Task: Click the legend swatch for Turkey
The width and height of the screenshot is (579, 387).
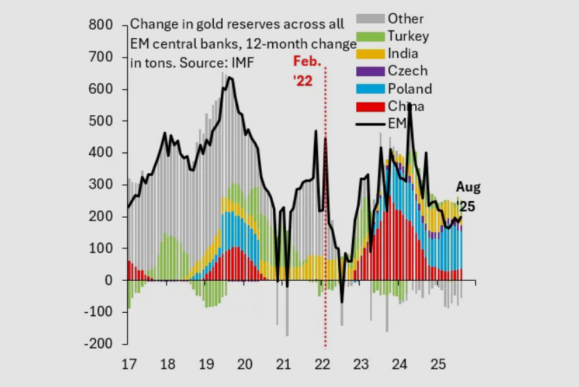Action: pyautogui.click(x=371, y=36)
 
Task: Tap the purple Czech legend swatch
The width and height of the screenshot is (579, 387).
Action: pyautogui.click(x=371, y=71)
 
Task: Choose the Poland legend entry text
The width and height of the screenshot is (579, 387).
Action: pyautogui.click(x=410, y=89)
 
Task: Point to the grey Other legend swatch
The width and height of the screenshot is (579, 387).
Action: pyautogui.click(x=371, y=19)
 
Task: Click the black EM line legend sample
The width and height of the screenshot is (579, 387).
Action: pyautogui.click(x=371, y=124)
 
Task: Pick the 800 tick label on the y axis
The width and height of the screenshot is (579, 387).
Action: pyautogui.click(x=101, y=26)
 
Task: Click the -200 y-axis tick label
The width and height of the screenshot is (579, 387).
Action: pyautogui.click(x=99, y=344)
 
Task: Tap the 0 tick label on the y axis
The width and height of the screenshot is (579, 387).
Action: pyautogui.click(x=109, y=280)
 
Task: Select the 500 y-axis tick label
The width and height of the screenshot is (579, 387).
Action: pyautogui.click(x=101, y=121)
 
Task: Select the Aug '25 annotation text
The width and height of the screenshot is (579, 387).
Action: pyautogui.click(x=467, y=197)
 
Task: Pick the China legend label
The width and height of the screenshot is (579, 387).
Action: pyautogui.click(x=406, y=106)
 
